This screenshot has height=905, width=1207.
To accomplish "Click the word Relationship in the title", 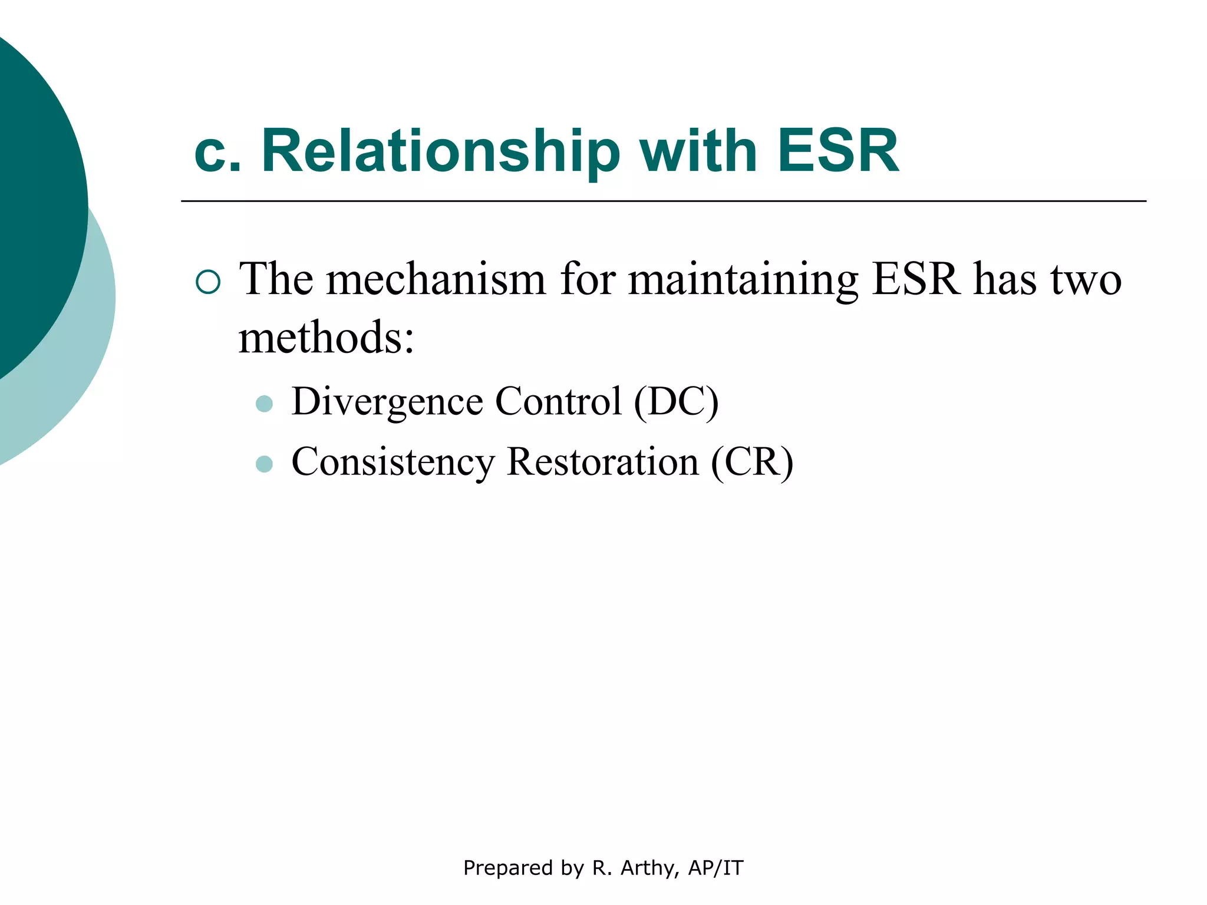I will [440, 151].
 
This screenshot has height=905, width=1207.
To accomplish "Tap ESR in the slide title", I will [837, 151].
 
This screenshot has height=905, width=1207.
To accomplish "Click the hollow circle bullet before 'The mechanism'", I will [208, 282].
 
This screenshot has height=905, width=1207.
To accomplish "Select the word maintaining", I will [743, 280].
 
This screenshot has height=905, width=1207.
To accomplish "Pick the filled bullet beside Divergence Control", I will [265, 404].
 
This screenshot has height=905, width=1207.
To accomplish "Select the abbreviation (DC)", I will [676, 402].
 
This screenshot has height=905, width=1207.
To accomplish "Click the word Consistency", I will [393, 462].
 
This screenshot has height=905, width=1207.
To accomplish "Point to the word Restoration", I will [602, 462].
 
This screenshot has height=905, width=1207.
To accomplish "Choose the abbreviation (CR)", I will [752, 462].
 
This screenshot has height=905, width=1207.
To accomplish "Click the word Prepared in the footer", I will [507, 868].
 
